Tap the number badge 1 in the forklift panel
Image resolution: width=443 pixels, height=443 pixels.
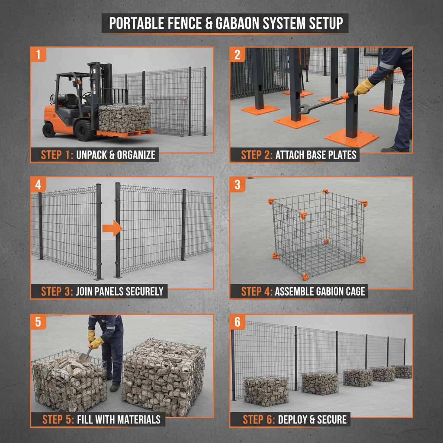[39, 55]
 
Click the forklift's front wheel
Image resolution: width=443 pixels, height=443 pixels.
[83, 130]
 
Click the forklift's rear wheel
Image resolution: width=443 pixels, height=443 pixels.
[49, 129]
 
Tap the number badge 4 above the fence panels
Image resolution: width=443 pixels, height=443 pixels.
[39, 185]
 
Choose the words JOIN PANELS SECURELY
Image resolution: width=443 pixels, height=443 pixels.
[120, 292]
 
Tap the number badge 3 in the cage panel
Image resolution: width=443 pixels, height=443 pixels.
[238, 185]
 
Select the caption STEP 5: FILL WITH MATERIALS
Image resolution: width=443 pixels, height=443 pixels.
[101, 419]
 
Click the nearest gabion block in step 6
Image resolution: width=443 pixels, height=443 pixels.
[266, 391]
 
